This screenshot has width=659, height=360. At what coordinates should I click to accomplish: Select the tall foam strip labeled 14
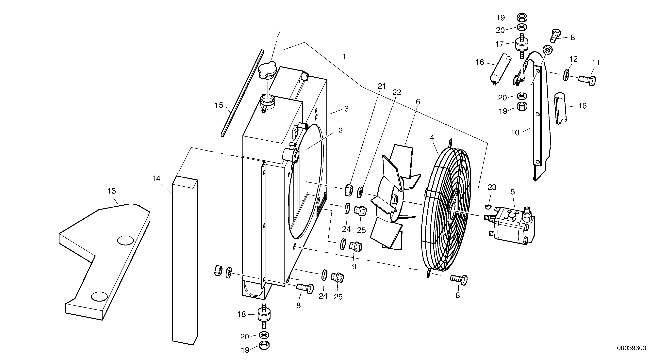tap(185, 258)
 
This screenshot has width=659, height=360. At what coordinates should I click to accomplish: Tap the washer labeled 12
tap(566, 75)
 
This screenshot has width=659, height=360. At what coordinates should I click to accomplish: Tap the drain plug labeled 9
tap(356, 246)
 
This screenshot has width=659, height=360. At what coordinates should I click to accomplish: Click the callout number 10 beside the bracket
tap(515, 133)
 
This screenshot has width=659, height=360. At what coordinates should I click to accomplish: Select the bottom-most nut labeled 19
tap(264, 346)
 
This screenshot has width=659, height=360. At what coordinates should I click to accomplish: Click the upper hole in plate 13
tap(125, 240)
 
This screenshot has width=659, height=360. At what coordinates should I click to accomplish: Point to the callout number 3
tap(346, 109)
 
